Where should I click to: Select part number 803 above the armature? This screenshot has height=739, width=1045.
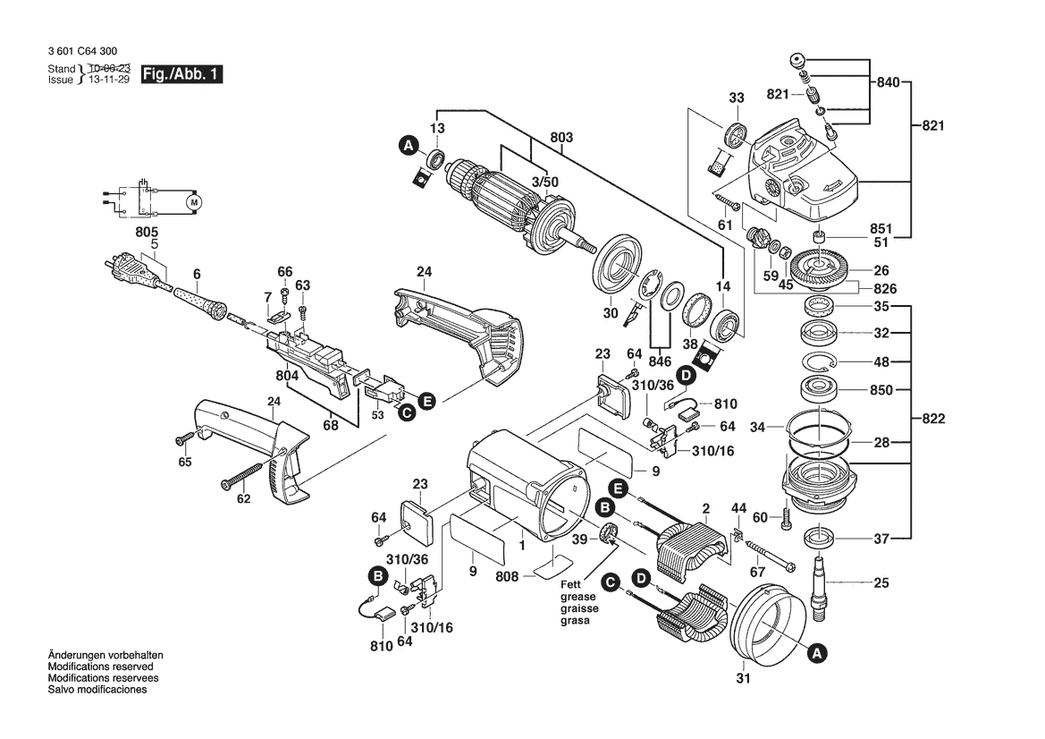click(561, 138)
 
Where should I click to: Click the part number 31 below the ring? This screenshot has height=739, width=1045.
click(743, 679)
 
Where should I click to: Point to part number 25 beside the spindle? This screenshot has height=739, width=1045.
click(881, 583)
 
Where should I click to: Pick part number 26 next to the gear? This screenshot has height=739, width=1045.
click(881, 270)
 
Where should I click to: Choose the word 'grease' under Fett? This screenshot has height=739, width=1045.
click(576, 596)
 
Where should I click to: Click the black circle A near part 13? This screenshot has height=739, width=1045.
click(408, 145)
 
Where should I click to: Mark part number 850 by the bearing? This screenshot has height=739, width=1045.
click(881, 390)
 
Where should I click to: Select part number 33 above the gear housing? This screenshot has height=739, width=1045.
click(736, 98)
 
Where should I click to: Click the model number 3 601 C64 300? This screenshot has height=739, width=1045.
click(82, 53)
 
